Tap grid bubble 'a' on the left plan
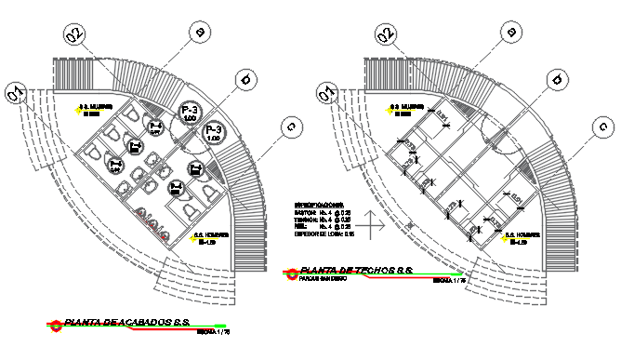[198, 32]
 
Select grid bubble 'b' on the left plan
[245, 80]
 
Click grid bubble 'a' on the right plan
[509, 32]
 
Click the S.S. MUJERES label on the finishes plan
[94, 107]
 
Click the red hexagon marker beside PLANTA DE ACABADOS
[58, 326]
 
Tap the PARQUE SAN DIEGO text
[324, 277]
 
